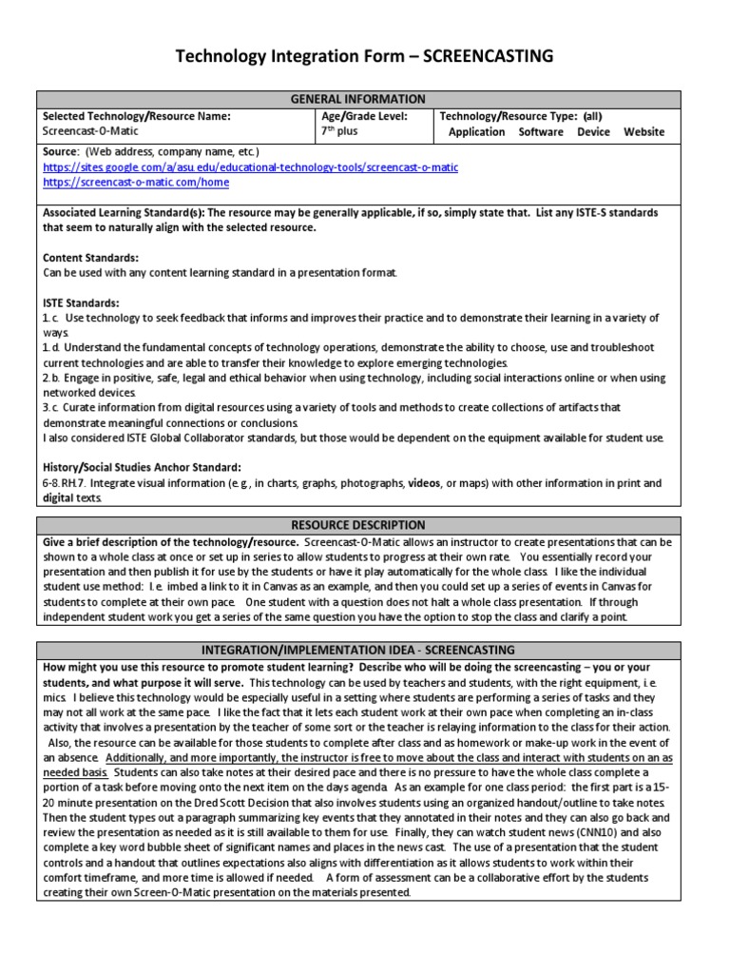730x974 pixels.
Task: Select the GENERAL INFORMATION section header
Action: [358, 99]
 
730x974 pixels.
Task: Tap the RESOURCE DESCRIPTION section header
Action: [358, 525]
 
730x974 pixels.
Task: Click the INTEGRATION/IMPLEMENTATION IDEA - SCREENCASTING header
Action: [358, 650]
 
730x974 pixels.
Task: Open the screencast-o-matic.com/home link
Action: [136, 182]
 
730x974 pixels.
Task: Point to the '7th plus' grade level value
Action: [340, 132]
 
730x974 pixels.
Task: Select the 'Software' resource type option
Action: [541, 132]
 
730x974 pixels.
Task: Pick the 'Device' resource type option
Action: [593, 132]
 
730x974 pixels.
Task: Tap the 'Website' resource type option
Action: [644, 132]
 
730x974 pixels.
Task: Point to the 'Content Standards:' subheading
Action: [91, 258]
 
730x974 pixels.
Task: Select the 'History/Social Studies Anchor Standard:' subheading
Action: [142, 467]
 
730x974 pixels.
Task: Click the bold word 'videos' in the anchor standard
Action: [424, 483]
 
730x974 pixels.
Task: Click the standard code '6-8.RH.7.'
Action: [68, 483]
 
